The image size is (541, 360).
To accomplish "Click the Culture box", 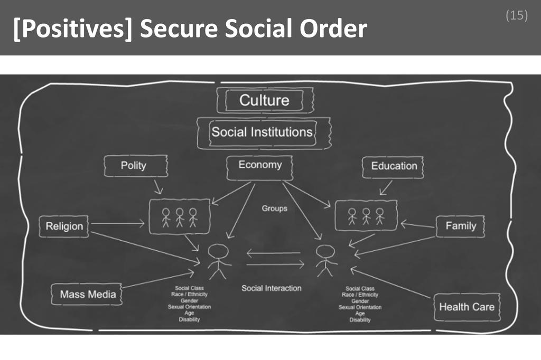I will click(x=264, y=100).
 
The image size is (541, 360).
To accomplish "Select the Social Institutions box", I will click(x=262, y=132).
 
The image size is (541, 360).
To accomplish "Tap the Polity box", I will click(x=134, y=166).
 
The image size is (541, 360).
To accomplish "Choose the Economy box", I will click(x=259, y=165).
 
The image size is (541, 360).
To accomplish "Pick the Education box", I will click(x=394, y=166).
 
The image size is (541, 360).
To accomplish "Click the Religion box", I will click(x=64, y=226).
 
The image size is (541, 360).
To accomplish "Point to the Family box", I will click(x=460, y=226).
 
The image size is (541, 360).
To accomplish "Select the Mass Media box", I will click(x=87, y=294).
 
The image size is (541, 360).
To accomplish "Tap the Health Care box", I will click(x=467, y=307).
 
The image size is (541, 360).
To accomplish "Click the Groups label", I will click(x=275, y=209).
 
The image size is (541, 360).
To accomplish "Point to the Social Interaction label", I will click(x=272, y=288).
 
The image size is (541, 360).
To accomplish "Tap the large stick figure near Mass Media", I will click(x=218, y=260).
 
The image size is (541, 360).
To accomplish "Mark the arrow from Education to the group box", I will click(x=386, y=187).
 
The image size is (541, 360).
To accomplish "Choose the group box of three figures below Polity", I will click(x=180, y=216).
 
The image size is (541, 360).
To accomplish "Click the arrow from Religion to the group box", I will click(x=117, y=224).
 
